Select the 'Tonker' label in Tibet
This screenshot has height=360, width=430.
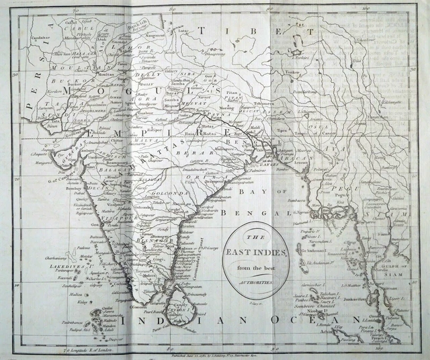click(x=290, y=71)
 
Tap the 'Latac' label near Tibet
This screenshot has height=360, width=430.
click(x=181, y=30)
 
